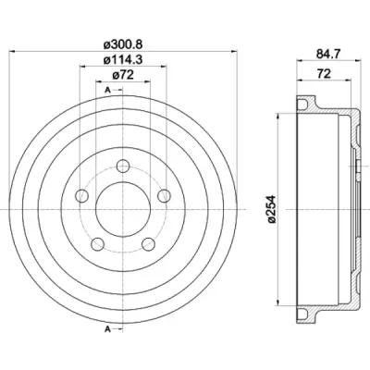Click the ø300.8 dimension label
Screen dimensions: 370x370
pos(123,44)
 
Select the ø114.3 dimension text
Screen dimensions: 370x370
pos(123,59)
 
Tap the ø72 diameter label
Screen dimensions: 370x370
pos(123,75)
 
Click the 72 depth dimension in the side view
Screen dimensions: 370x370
pos(324,74)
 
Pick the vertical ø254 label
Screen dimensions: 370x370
pos(271,209)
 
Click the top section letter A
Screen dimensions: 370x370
pos(107,90)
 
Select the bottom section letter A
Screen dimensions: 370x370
pos(107,329)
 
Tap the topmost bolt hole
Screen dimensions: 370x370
pos(123,166)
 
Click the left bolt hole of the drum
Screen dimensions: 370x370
pos(82,195)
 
